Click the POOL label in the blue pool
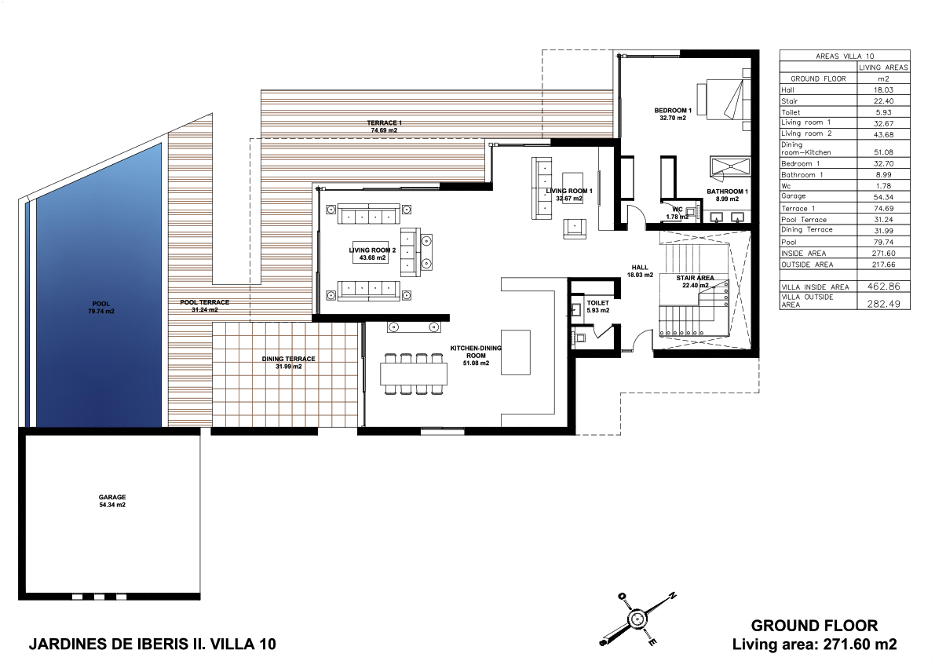coord(100,304)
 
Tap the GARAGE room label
coord(112,497)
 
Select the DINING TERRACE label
coord(289,359)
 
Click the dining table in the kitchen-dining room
coord(414,374)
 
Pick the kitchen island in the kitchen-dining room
coord(516,352)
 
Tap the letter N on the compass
coord(672,595)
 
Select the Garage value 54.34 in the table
coord(884,197)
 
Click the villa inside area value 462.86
coord(884,286)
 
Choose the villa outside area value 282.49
coord(884,303)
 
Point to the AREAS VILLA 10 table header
coord(845,56)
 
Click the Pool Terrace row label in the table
coord(804,219)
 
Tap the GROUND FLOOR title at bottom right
coord(814,626)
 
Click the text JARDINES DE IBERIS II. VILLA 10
coord(152,644)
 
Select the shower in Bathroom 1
coord(730,167)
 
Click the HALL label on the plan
coord(640,268)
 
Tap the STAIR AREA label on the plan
coord(695,278)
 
